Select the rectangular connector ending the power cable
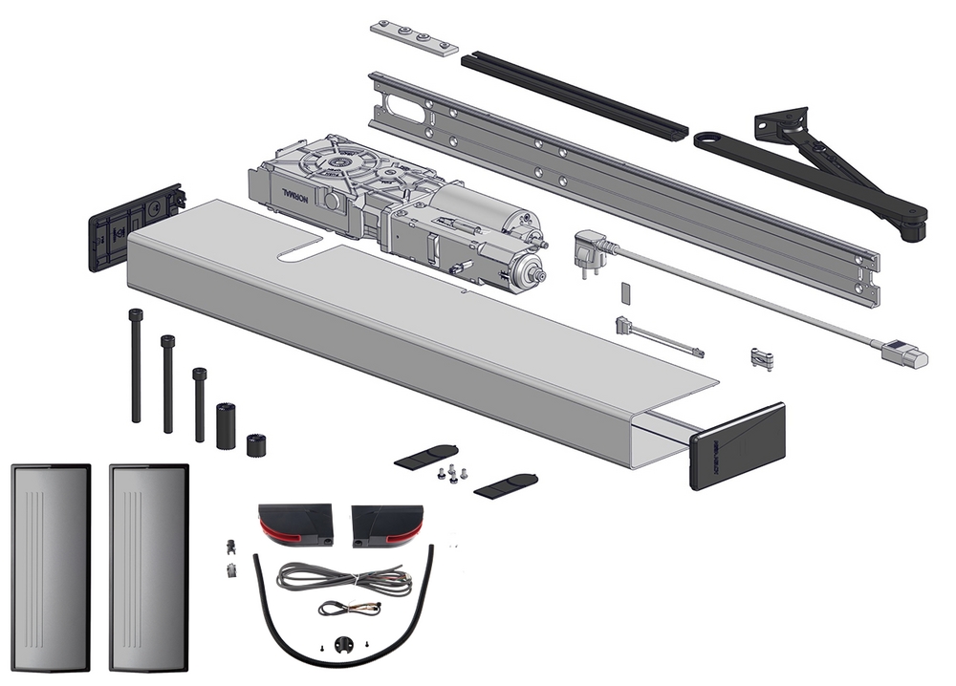pyautogui.click(x=904, y=354)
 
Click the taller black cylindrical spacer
pyautogui.click(x=226, y=423)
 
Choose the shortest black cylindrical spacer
pyautogui.click(x=255, y=445)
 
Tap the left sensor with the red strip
pyautogui.click(x=293, y=525)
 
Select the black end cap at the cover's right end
pyautogui.click(x=736, y=444)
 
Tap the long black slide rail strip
pyautogui.click(x=574, y=96)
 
